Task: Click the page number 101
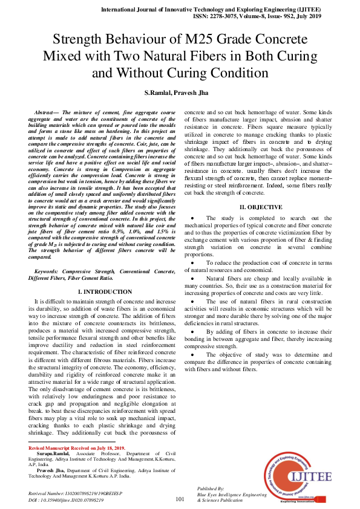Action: click(x=180, y=499)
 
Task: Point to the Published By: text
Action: click(x=211, y=488)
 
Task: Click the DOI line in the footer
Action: click(x=67, y=501)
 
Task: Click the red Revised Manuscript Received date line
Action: click(x=77, y=448)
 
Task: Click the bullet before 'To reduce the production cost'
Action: click(x=192, y=263)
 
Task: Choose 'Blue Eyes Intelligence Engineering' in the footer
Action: click(x=232, y=494)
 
